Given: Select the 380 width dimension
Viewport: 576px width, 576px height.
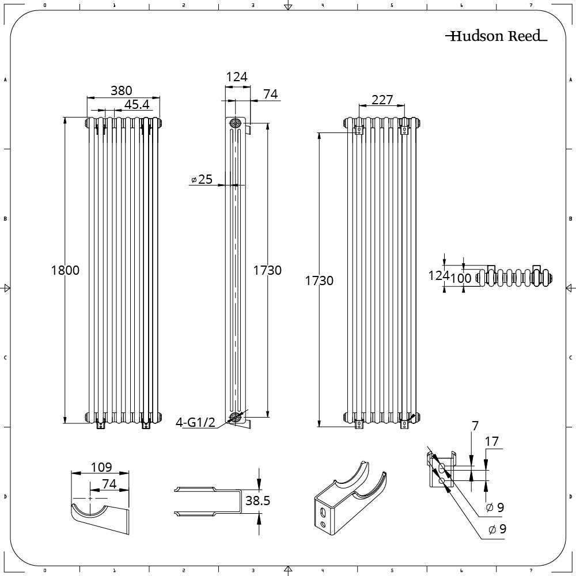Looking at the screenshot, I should pos(122,90).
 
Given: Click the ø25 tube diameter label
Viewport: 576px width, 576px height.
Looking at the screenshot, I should pos(202,180).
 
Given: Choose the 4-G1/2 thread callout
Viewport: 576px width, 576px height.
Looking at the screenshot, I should pos(195,423).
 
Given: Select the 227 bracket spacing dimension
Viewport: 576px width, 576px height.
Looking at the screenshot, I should pos(382,100).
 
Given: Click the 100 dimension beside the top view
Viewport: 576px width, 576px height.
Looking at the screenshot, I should pos(461,278).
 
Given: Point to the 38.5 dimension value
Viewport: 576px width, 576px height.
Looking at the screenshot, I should pos(257,501).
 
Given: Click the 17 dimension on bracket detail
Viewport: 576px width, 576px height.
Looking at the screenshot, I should pos(492,442).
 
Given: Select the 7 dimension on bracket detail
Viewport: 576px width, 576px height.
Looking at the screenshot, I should pos(475,427).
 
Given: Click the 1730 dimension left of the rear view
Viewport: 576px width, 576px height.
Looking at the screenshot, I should pos(319,281).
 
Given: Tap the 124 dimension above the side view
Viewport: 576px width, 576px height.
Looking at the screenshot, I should pos(236,77).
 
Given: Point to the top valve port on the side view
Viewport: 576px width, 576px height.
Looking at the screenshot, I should pos(235,123).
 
